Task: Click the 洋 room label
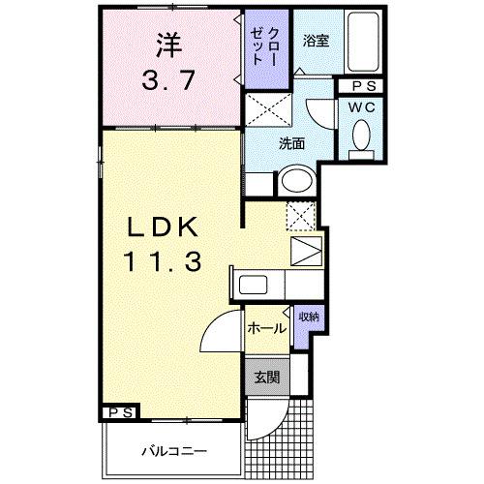[169, 44]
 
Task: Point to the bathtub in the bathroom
[363, 44]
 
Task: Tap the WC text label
[361, 106]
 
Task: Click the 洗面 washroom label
[292, 144]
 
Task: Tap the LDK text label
[163, 227]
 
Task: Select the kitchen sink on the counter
[255, 287]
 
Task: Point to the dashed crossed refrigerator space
[303, 216]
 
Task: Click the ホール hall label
[266, 328]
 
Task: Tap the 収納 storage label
[309, 317]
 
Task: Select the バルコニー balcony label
[171, 451]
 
